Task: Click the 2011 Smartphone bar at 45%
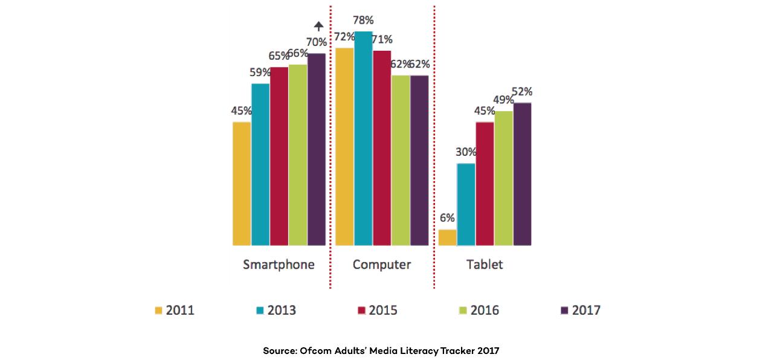click(x=242, y=184)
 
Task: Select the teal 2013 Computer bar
click(x=363, y=138)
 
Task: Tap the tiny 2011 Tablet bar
click(x=447, y=237)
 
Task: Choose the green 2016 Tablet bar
click(x=503, y=178)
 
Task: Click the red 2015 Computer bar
click(x=382, y=148)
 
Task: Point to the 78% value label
click(x=364, y=21)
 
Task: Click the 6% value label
click(x=447, y=218)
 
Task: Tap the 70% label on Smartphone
click(x=316, y=42)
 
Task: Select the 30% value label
click(x=466, y=152)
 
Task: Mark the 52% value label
click(x=522, y=92)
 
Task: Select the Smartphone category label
click(x=279, y=265)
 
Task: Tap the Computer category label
click(x=382, y=265)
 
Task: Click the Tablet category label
click(x=485, y=265)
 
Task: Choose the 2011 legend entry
click(x=175, y=310)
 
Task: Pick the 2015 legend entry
click(x=378, y=310)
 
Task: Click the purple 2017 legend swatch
click(x=565, y=310)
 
